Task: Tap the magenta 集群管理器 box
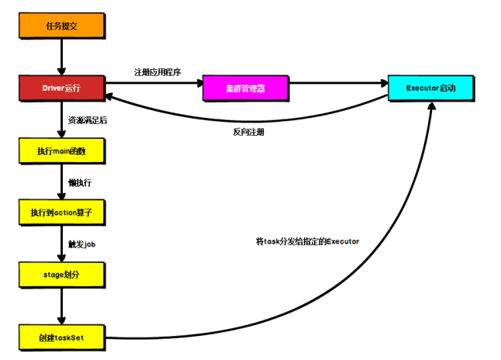[x=245, y=88]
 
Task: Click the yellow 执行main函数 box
[x=60, y=150]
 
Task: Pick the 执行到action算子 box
[x=60, y=212]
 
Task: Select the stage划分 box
[x=60, y=274]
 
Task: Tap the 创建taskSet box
[x=60, y=337]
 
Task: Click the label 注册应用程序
[x=157, y=72]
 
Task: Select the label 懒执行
[x=80, y=182]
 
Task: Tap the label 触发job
[x=82, y=244]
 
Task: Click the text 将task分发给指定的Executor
[x=307, y=241]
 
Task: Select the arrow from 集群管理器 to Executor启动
[x=337, y=84]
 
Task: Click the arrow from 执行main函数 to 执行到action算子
[x=60, y=182]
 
